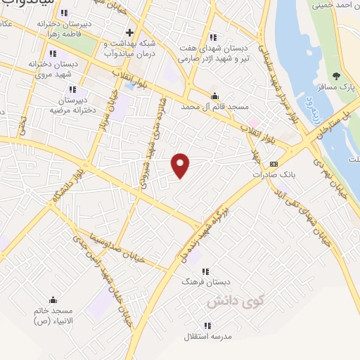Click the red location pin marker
click(181, 165)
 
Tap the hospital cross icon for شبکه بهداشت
click(129, 32)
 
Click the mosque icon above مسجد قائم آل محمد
click(215, 96)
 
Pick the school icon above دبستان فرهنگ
click(205, 271)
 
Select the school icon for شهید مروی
click(53, 53)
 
